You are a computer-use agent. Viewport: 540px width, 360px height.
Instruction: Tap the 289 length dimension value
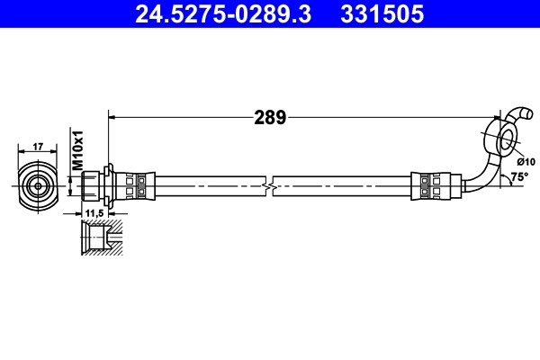click(x=269, y=116)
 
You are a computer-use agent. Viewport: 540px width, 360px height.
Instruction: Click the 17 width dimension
click(x=38, y=146)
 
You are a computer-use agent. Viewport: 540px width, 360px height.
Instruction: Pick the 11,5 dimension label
click(x=93, y=214)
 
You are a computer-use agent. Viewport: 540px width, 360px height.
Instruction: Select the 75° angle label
click(x=518, y=176)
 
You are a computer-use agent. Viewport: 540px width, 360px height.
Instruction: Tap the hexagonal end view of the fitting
click(x=38, y=184)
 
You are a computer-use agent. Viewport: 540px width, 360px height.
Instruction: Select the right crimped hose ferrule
click(x=429, y=184)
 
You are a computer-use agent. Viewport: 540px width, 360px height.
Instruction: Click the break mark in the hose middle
click(x=268, y=184)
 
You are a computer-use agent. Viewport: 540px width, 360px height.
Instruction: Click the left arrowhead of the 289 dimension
click(x=112, y=115)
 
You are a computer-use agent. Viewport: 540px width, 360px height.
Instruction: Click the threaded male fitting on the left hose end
click(x=92, y=184)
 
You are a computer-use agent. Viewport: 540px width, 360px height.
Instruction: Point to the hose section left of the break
click(x=207, y=184)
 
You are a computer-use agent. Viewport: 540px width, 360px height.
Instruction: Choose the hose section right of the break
click(x=342, y=184)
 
